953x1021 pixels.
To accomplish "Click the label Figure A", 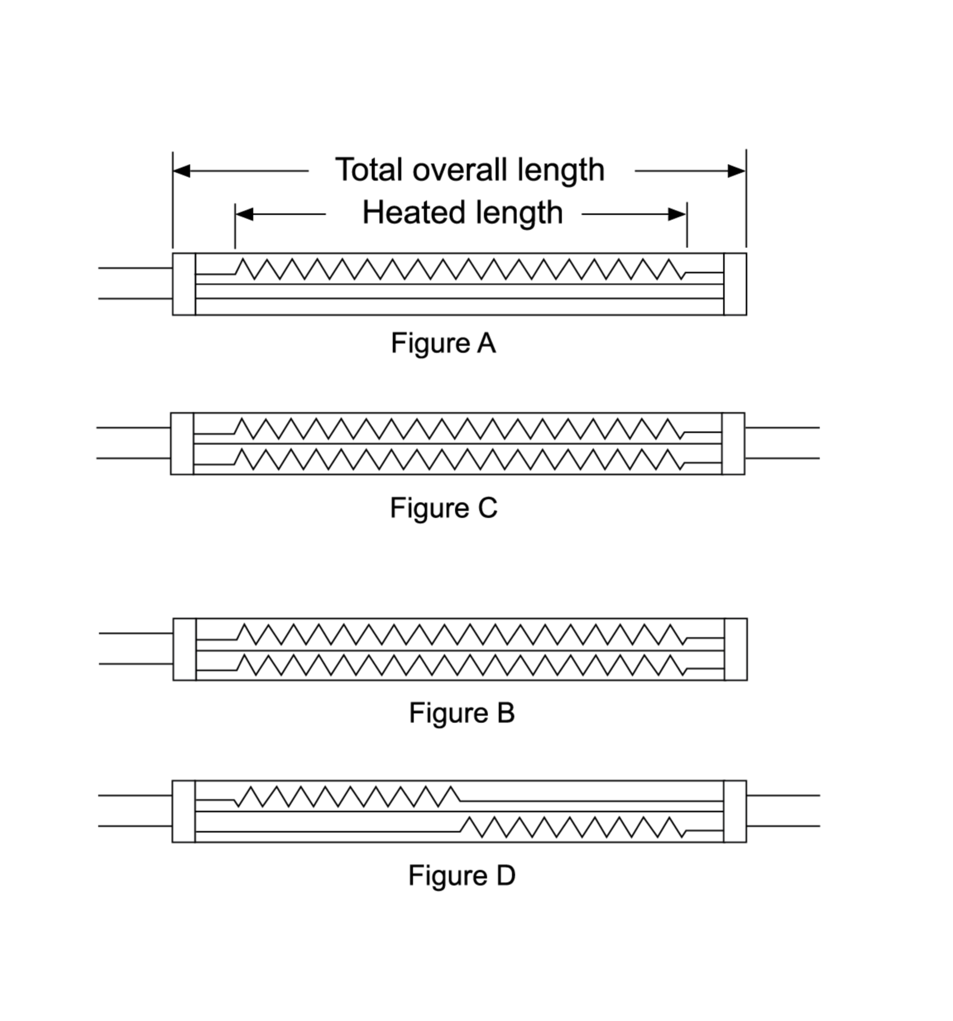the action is [443, 344].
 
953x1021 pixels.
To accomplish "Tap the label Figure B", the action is [462, 713].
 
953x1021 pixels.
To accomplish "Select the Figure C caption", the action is [444, 508].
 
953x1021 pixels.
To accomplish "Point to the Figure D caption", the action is [462, 875].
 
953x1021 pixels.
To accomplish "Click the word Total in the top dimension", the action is [370, 170].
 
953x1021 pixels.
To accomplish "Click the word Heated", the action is [415, 213].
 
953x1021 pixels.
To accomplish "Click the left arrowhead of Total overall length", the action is [182, 171].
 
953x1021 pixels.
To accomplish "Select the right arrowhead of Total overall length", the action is [737, 171].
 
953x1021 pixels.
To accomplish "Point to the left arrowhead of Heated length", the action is [244, 214].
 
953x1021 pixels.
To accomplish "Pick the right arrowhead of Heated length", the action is [678, 214].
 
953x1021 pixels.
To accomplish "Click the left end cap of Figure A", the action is [184, 284].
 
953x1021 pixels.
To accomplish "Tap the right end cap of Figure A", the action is [735, 284].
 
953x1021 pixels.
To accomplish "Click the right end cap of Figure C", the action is [733, 444].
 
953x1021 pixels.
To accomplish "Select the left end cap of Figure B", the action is [185, 649].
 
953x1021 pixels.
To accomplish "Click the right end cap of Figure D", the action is [735, 811].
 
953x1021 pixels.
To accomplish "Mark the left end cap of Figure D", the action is [183, 811].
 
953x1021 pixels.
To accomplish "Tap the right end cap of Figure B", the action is [736, 649].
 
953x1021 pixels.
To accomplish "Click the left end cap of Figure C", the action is [182, 444].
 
